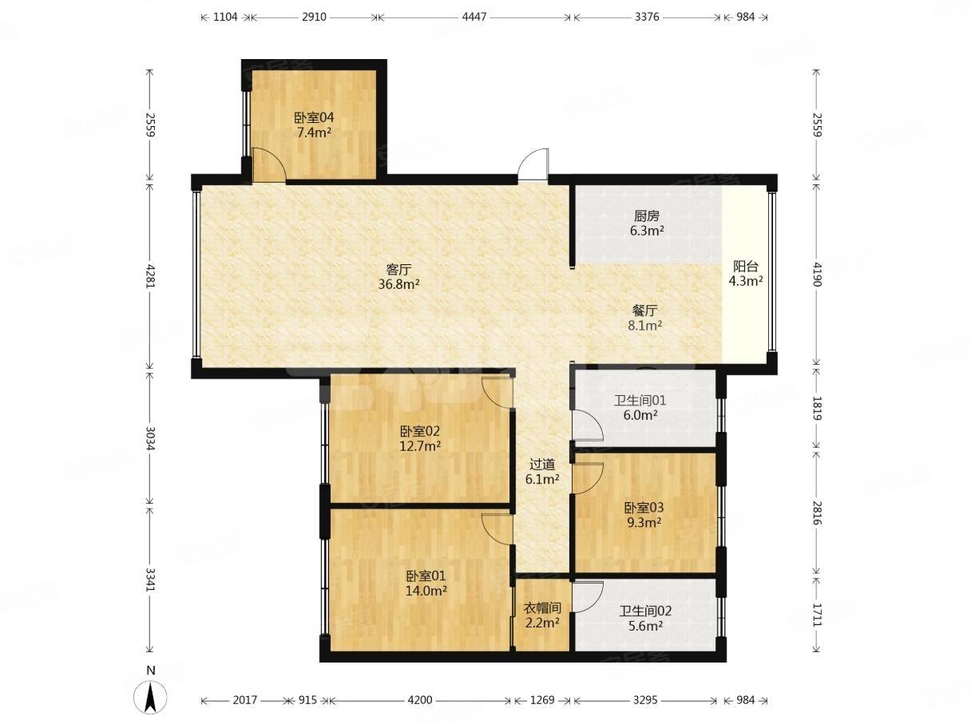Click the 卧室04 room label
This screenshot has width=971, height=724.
pos(314,118)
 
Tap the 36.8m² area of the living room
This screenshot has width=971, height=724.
pos(398,284)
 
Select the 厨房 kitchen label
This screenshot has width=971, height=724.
pos(647,216)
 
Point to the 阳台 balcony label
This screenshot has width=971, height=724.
pos(746,266)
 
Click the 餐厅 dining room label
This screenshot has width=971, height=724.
pos(645,311)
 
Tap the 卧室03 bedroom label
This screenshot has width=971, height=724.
pos(644,508)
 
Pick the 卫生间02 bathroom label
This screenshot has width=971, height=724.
pos(645,611)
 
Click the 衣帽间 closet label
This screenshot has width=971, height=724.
pos(542,608)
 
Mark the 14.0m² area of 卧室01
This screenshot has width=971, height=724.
pos(426,591)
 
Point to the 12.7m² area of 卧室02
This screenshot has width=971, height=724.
pos(420,446)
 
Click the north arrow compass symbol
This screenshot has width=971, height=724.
pos(151,698)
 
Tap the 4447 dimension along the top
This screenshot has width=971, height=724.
pos(474,17)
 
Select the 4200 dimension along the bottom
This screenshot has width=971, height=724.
pos(420,700)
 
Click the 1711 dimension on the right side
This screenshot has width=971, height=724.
pos(817,615)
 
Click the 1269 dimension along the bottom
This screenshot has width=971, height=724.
pos(542,700)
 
